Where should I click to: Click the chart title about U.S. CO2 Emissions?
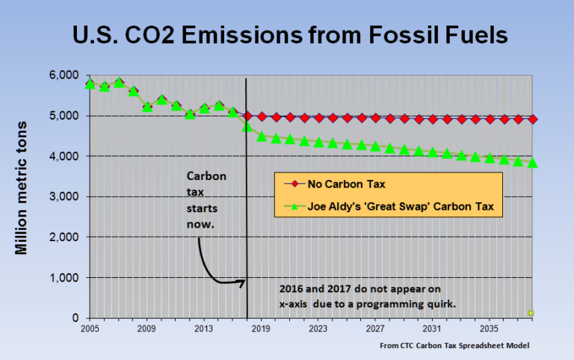[x=287, y=35]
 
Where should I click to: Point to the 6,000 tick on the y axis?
[x=64, y=75]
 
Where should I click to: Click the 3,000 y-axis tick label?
[x=64, y=196]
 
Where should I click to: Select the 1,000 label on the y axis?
[x=64, y=278]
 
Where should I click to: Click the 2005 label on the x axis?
[x=90, y=328]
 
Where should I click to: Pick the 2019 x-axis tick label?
[x=261, y=328]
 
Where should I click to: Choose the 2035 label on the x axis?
[x=490, y=328]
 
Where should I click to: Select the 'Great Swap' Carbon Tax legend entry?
[x=389, y=205]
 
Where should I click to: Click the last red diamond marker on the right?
[x=533, y=119]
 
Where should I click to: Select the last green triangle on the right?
[x=533, y=162]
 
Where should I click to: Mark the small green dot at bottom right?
[x=531, y=313]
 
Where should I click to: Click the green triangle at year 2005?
[x=90, y=84]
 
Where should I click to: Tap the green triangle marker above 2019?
[x=262, y=136]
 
